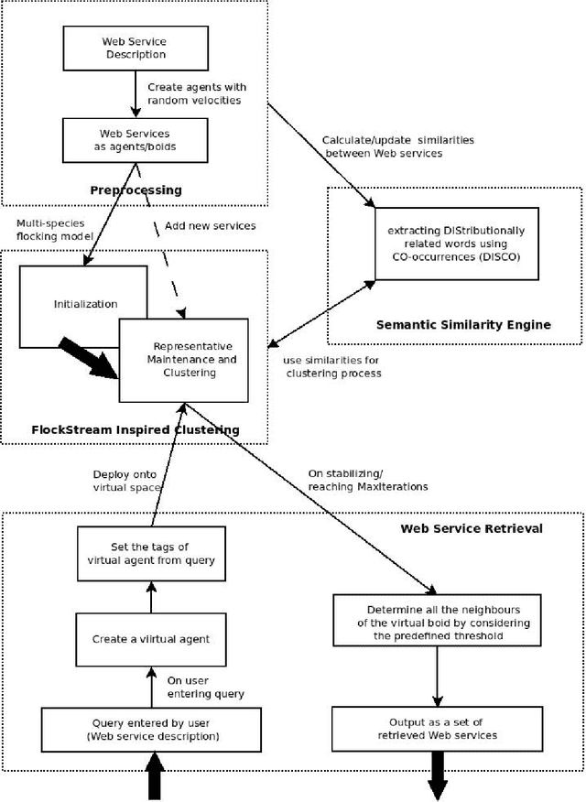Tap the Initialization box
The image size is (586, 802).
click(82, 305)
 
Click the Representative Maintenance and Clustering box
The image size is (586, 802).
click(184, 360)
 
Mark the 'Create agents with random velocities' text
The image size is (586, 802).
click(197, 93)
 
